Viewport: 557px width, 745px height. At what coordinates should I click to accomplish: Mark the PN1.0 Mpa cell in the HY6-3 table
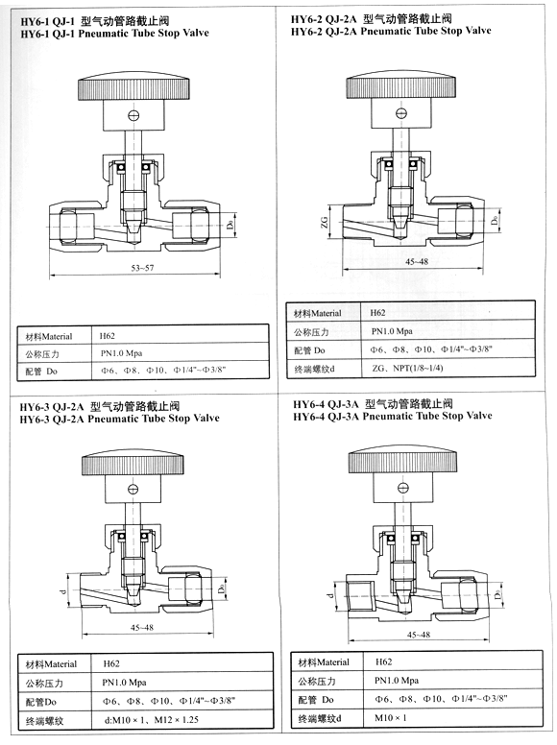[x=130, y=682]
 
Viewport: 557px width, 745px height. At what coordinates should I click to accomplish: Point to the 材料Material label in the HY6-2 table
[x=317, y=313]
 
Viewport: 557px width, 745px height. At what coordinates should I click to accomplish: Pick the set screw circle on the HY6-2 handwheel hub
[x=404, y=114]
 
